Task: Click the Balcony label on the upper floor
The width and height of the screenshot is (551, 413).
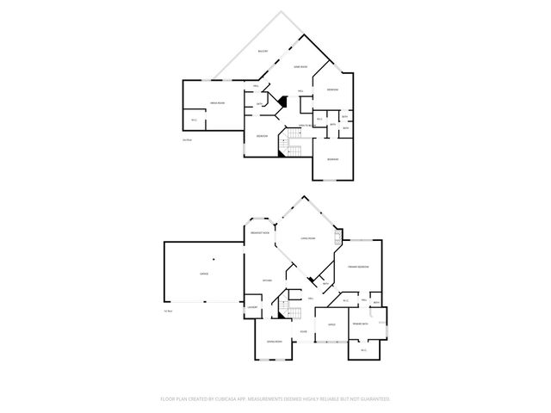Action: (x=263, y=52)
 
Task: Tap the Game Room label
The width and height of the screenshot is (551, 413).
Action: (x=300, y=67)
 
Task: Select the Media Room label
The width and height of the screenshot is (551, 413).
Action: (x=217, y=103)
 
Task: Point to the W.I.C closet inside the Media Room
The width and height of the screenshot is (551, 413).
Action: (x=194, y=120)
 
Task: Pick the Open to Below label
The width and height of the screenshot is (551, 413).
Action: (x=304, y=126)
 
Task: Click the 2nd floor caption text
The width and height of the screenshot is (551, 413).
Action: (x=187, y=139)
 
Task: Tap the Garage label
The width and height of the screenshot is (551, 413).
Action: (x=204, y=274)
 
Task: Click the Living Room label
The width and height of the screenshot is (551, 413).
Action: (x=307, y=237)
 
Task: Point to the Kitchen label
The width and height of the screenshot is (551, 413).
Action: (x=267, y=280)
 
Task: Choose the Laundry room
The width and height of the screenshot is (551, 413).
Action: (x=252, y=307)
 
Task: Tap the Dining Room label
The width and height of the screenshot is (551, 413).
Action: (x=274, y=342)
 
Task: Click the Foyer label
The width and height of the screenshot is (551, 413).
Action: (x=303, y=331)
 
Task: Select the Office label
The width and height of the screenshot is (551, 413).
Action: (x=331, y=324)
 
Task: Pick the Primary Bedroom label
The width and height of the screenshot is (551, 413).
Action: (x=358, y=268)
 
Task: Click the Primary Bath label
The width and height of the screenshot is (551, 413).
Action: (x=360, y=324)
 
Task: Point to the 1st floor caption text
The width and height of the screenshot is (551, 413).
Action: (x=169, y=311)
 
